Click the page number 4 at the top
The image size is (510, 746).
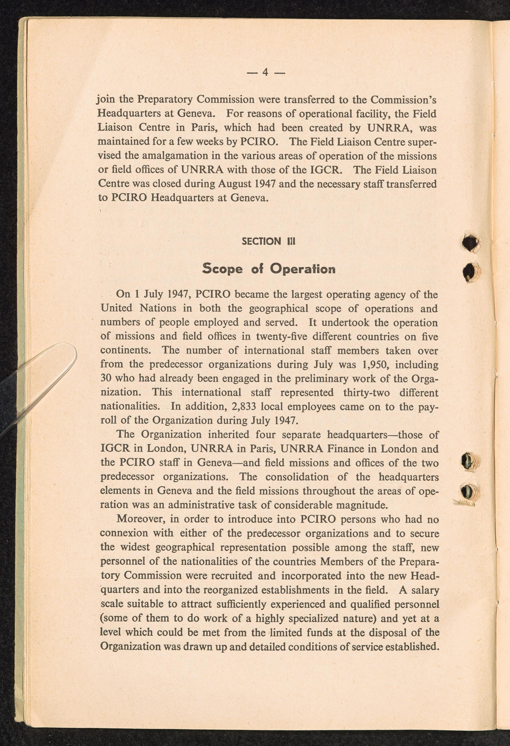pyautogui.click(x=265, y=72)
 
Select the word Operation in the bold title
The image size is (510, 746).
pyautogui.click(x=302, y=269)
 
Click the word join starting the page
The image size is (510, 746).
pyautogui.click(x=106, y=100)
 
